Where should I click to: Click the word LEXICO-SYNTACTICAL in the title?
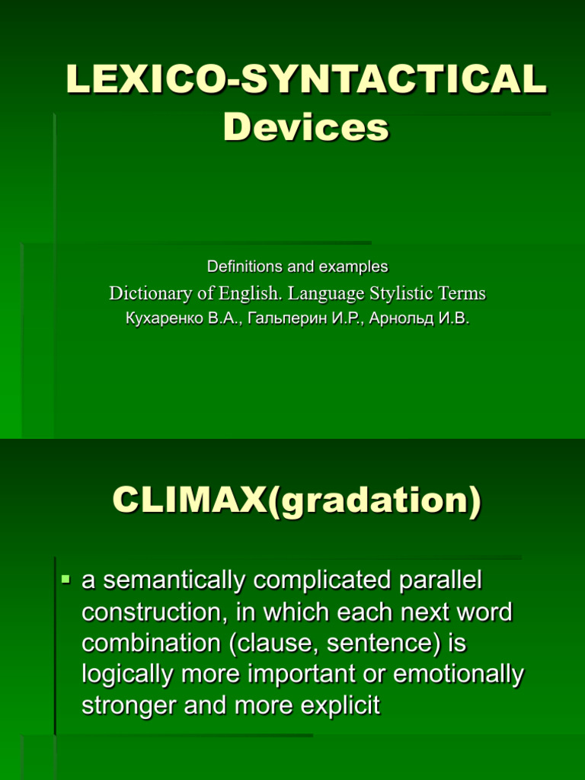(x=306, y=80)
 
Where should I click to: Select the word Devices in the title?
(x=306, y=127)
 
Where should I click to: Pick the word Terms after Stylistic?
(x=462, y=293)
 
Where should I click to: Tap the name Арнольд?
(x=397, y=318)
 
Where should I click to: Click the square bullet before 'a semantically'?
(x=66, y=581)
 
